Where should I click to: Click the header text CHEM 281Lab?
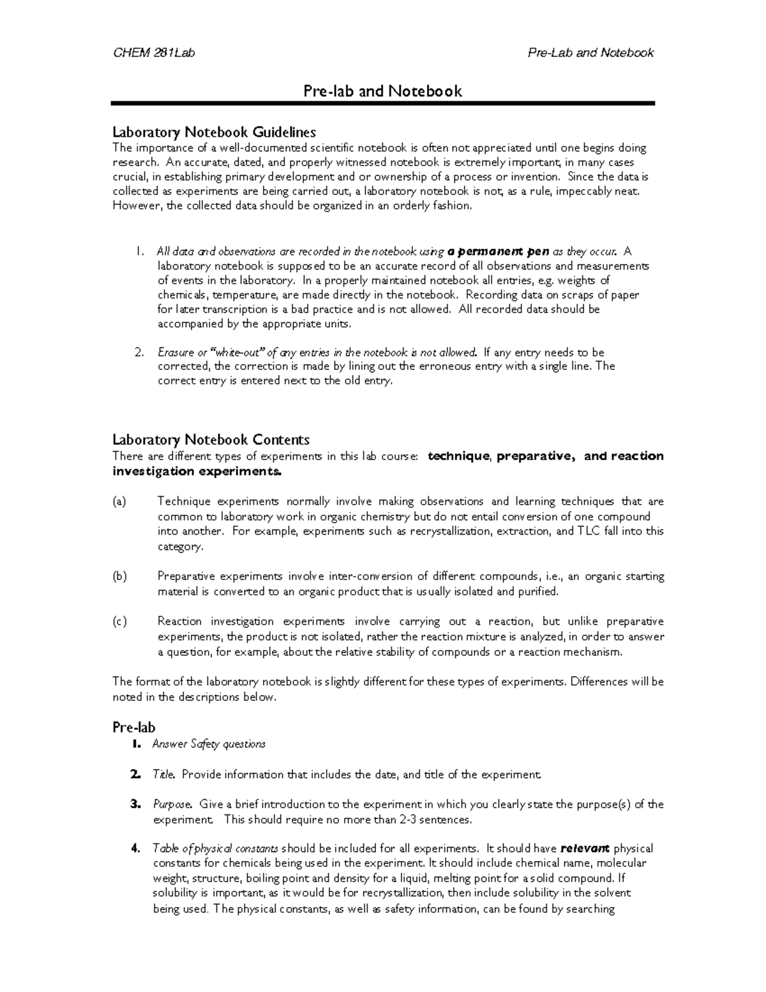(x=154, y=53)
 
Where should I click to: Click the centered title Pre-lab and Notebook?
(x=382, y=91)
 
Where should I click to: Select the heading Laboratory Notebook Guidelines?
(x=214, y=132)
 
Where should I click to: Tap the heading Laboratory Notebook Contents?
(x=211, y=439)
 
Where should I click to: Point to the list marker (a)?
(x=119, y=501)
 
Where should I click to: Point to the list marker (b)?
(x=119, y=576)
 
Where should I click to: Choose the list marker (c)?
(x=119, y=622)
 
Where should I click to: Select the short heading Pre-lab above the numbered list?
(x=133, y=728)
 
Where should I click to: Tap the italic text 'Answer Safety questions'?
(x=209, y=744)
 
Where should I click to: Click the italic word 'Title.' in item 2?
(x=164, y=774)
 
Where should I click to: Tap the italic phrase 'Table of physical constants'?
(x=215, y=848)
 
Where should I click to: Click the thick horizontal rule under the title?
(x=382, y=103)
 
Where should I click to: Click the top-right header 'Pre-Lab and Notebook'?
(x=590, y=53)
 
